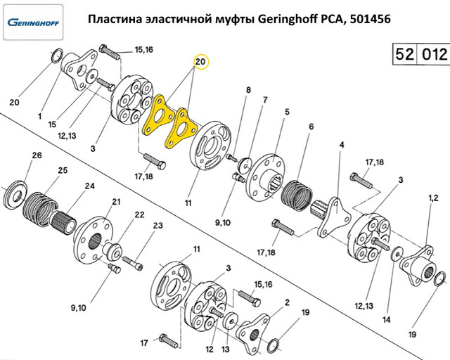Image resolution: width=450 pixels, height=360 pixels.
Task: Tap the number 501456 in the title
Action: [x=364, y=20]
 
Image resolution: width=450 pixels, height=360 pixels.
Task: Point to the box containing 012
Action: [x=432, y=54]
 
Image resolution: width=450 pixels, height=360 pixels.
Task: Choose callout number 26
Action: [x=37, y=155]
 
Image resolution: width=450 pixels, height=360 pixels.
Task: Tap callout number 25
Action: [x=62, y=171]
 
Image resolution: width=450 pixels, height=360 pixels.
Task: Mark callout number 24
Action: [x=89, y=186]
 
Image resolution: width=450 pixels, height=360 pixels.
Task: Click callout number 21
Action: [x=115, y=202]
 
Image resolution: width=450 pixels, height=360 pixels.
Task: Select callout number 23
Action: [x=157, y=226]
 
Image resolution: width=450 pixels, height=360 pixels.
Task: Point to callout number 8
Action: [x=248, y=89]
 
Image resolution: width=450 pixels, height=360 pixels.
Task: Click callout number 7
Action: [x=265, y=100]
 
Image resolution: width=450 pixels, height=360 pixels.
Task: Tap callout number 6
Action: [x=310, y=127]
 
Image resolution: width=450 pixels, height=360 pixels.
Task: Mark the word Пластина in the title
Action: [x=116, y=20]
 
